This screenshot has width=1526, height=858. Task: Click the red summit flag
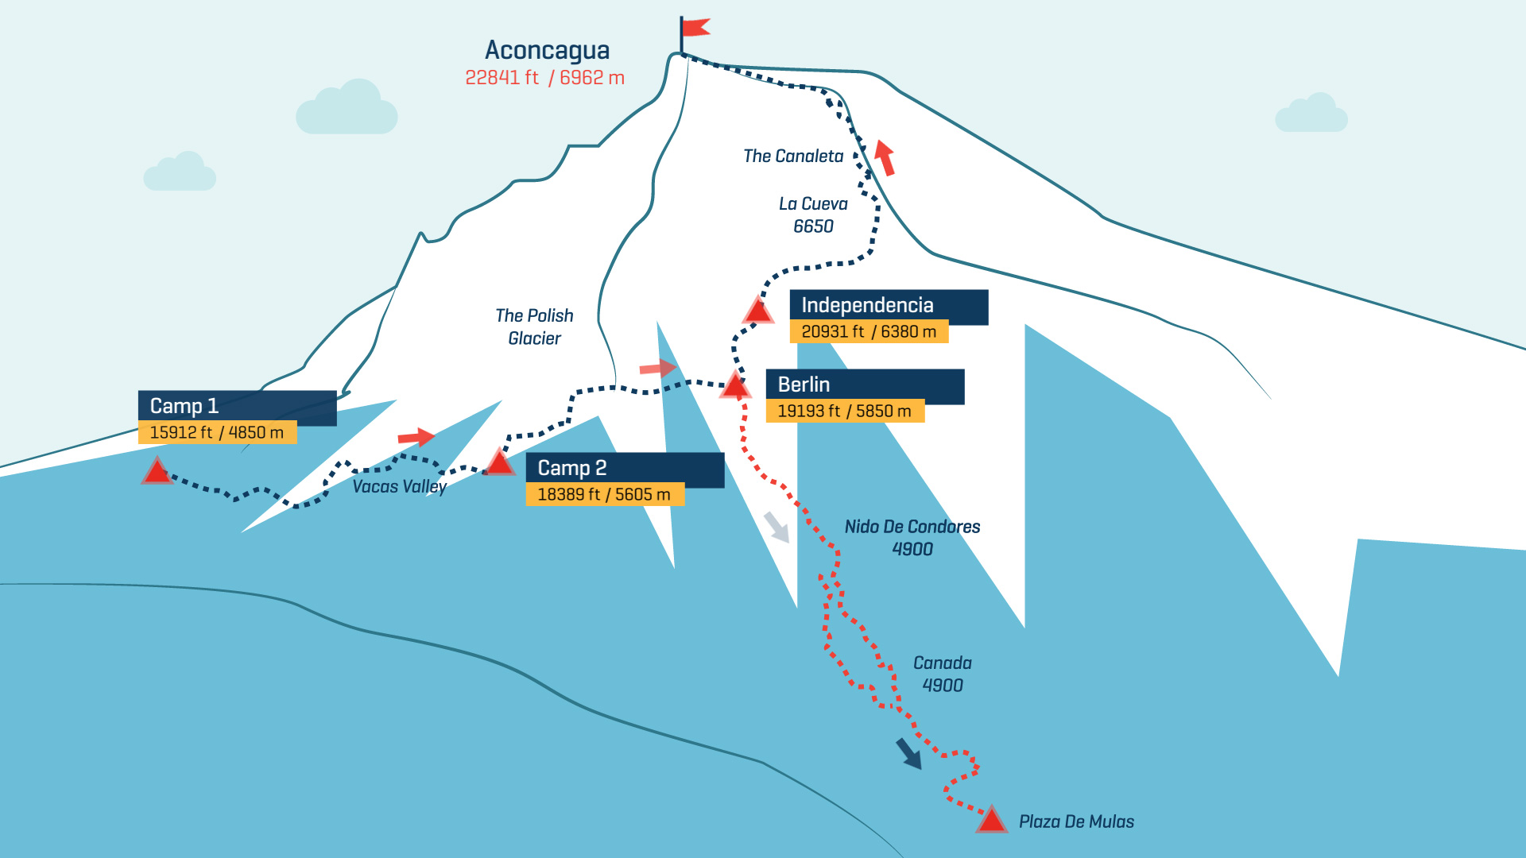point(695,28)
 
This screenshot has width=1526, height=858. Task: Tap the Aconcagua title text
point(547,50)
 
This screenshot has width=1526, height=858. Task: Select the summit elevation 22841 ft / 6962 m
point(544,78)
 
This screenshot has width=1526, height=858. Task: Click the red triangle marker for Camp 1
point(157,472)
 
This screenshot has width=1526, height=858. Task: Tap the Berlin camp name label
point(804,385)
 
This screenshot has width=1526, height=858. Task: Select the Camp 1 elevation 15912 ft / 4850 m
point(216,433)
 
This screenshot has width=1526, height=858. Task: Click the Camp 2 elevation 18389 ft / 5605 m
point(604,495)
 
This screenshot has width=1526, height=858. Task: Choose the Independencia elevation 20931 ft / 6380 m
point(869,332)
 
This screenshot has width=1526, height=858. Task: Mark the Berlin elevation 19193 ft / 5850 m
point(844,412)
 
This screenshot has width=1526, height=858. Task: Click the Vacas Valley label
point(399,487)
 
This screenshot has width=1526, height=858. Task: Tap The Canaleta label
point(793,157)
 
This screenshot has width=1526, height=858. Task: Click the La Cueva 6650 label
point(813,215)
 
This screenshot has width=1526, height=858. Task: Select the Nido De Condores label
point(912,528)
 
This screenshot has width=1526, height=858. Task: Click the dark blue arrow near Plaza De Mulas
point(909,753)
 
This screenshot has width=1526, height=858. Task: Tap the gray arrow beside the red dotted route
point(777,528)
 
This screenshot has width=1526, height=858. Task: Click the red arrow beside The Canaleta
point(885,157)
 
